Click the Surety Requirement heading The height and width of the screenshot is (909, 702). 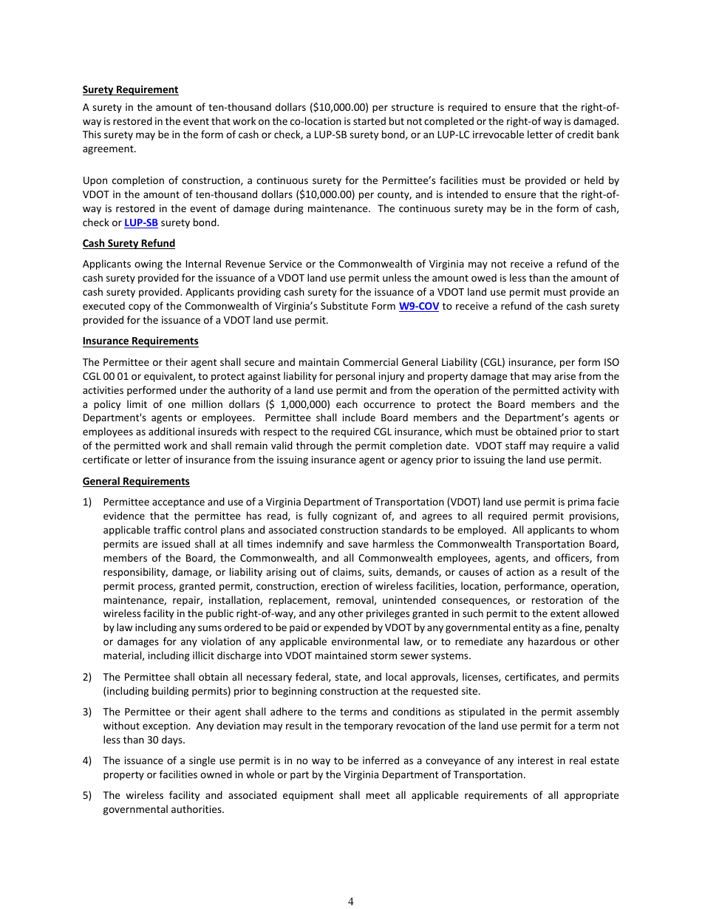click(130, 89)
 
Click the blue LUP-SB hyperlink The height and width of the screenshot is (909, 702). click(140, 222)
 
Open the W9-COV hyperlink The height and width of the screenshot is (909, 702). click(418, 306)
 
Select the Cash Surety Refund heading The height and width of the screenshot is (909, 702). click(129, 243)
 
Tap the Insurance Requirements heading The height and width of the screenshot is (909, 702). click(140, 341)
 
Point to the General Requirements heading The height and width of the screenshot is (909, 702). click(136, 481)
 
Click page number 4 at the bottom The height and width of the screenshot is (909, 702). click(350, 901)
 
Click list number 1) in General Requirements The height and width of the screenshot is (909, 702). click(87, 502)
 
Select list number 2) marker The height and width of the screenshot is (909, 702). click(87, 677)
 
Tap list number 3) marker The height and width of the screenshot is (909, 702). click(87, 712)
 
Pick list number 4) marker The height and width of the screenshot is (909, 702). click(87, 760)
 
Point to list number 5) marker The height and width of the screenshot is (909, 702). click(87, 795)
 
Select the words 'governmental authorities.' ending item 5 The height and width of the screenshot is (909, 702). click(163, 809)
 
